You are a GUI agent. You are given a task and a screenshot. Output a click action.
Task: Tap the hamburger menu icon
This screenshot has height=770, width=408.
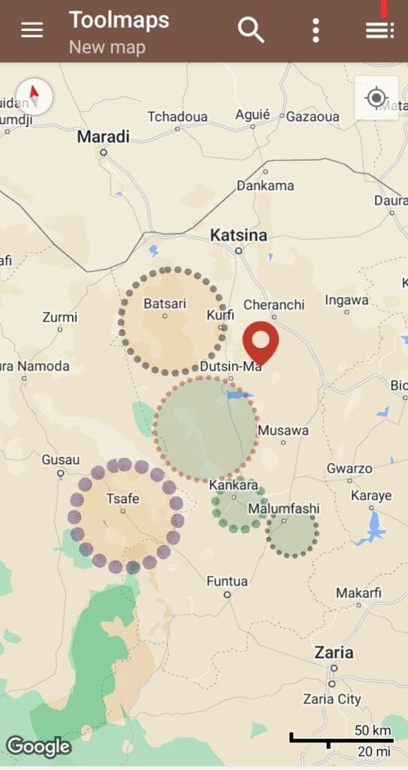pyautogui.click(x=32, y=30)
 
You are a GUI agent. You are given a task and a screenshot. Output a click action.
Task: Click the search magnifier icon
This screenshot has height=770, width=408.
pyautogui.click(x=251, y=30)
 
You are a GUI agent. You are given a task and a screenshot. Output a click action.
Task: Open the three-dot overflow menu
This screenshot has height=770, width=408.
pyautogui.click(x=316, y=30)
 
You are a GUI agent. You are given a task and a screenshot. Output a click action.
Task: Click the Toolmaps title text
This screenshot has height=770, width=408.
pyautogui.click(x=119, y=20)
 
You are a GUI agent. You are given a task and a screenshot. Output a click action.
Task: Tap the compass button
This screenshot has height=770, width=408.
pyautogui.click(x=34, y=96)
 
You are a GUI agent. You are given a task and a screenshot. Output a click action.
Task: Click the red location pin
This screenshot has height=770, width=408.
pyautogui.click(x=261, y=344)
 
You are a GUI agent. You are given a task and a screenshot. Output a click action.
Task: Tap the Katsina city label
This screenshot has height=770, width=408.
pyautogui.click(x=238, y=235)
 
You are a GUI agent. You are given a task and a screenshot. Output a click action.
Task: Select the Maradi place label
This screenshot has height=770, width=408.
pyautogui.click(x=104, y=137)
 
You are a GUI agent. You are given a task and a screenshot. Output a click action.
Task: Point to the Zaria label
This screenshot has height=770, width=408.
pyautogui.click(x=334, y=652)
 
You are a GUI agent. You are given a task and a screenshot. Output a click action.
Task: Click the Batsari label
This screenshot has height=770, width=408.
pyautogui.click(x=165, y=303)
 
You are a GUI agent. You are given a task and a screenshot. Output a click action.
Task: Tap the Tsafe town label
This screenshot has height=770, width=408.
pyautogui.click(x=122, y=498)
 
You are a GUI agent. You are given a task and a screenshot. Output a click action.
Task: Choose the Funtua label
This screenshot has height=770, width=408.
pyautogui.click(x=227, y=581)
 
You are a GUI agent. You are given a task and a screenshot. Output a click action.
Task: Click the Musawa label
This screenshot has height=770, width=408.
pyautogui.click(x=283, y=431)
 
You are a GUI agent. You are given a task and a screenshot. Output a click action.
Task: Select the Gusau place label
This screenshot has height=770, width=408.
pyautogui.click(x=60, y=459)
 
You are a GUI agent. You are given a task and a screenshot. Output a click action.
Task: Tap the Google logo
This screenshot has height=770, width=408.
pyautogui.click(x=38, y=747)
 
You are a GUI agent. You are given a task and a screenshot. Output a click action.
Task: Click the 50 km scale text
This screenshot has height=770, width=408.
pyautogui.click(x=373, y=729)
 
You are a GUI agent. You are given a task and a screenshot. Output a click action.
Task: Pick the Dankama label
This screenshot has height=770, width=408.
pyautogui.click(x=264, y=185)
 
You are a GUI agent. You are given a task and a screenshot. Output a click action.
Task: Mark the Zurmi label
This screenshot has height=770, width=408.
pyautogui.click(x=60, y=317)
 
